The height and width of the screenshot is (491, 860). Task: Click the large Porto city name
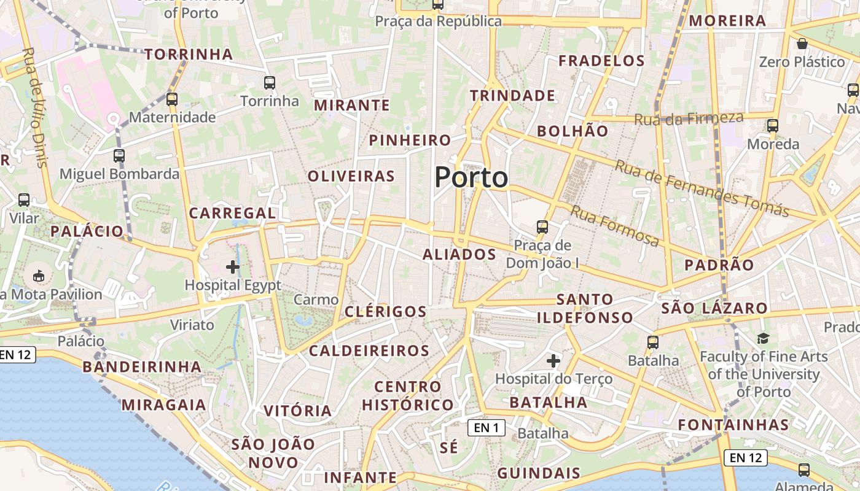pos(471,177)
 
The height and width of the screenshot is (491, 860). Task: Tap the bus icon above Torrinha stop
pos(269,82)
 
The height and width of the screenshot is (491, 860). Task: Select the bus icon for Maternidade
pos(172,99)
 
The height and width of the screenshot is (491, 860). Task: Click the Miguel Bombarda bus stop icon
pos(119,156)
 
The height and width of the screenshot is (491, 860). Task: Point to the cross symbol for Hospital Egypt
pos(233,266)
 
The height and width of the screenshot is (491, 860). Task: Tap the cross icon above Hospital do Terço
pos(553,360)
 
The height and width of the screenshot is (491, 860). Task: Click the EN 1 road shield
pos(487,428)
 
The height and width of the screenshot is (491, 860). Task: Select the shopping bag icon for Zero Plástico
pos(802,44)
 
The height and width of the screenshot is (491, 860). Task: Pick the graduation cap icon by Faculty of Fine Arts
pos(763,338)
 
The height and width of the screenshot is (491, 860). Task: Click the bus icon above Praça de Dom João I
pos(542,227)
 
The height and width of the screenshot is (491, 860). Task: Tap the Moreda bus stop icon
pos(773,126)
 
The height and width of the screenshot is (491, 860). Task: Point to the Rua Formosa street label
pos(615,226)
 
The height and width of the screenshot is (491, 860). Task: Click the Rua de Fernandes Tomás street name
pos(702,188)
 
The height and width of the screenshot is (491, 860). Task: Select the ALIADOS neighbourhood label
pos(459,254)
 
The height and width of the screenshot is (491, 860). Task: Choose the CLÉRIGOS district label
pos(386,311)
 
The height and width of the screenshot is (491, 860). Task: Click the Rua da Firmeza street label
pos(689,118)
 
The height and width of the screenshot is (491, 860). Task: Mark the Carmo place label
pos(316,300)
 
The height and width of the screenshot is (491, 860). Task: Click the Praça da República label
pos(438,21)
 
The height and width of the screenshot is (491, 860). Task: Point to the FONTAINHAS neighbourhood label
pos(733,425)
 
